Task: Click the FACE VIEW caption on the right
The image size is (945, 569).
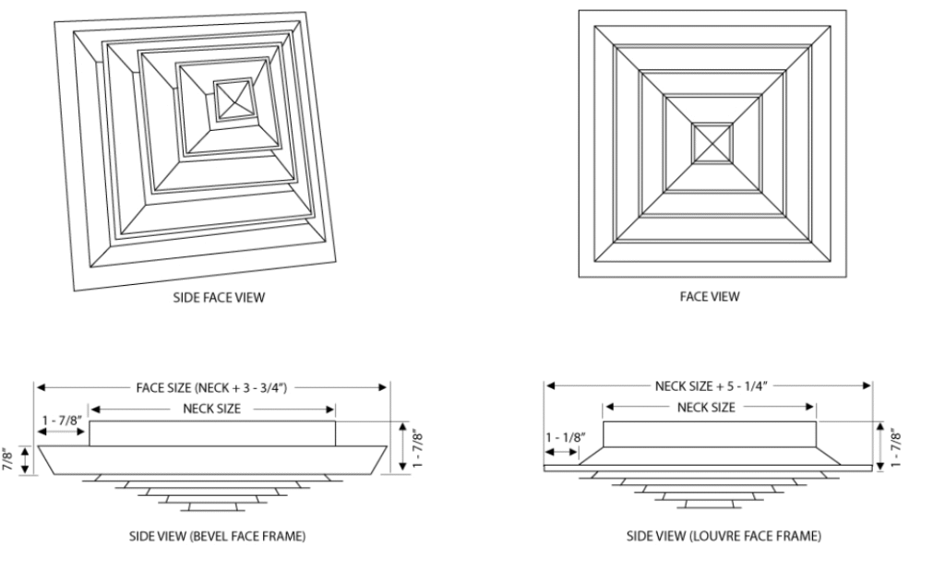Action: pyautogui.click(x=712, y=297)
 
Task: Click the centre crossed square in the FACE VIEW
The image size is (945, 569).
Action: pyautogui.click(x=712, y=143)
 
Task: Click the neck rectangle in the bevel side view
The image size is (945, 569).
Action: pyautogui.click(x=211, y=433)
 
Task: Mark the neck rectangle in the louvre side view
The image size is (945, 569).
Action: pyautogui.click(x=709, y=433)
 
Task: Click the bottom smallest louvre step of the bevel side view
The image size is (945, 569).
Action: pyautogui.click(x=212, y=505)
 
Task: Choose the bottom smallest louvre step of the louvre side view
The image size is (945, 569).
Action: pyautogui.click(x=709, y=504)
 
